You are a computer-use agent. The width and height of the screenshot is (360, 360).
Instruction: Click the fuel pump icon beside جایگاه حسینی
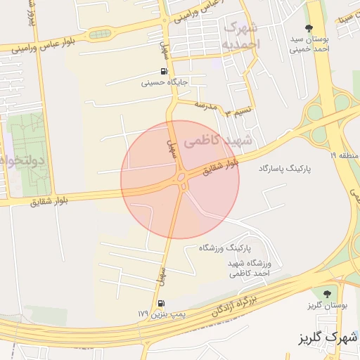pos(164,72)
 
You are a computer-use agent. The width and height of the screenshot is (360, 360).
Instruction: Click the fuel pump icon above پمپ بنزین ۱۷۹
pos(162,303)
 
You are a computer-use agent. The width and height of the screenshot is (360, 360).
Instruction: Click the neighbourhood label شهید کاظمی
pos(212,142)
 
